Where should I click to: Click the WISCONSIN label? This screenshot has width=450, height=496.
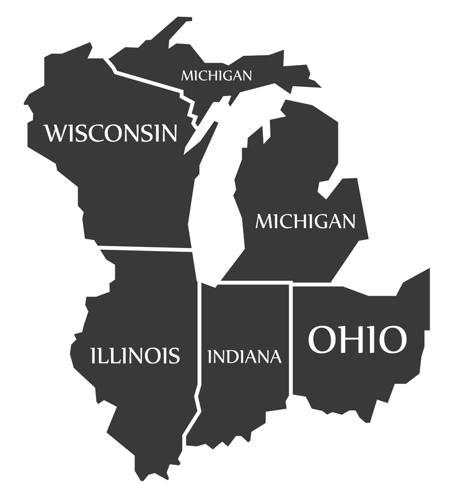point(110,133)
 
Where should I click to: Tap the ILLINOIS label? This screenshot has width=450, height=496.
point(135,355)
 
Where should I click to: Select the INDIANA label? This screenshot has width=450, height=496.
point(244,356)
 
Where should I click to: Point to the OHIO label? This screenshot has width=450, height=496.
point(358,340)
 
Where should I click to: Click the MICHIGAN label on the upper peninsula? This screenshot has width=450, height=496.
point(216,76)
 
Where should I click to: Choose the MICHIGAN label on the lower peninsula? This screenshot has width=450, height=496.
point(306,221)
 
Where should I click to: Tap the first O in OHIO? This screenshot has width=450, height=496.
point(323,340)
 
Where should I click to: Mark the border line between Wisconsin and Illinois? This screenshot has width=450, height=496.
point(146,249)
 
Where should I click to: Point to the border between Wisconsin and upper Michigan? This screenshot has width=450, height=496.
point(149,79)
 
